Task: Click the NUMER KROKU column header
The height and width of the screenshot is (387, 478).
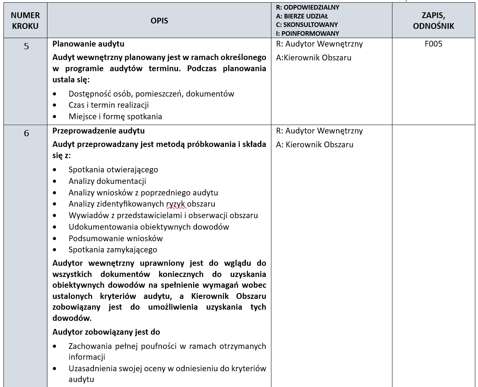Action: [x=25, y=21]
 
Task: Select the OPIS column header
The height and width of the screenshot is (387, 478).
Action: [x=159, y=21]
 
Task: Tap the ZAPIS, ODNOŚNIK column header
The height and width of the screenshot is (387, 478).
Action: [x=433, y=21]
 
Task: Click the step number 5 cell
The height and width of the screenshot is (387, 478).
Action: [x=26, y=47]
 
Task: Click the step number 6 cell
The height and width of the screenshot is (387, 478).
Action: [x=26, y=133]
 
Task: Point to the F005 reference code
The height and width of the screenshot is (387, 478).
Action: [x=433, y=44]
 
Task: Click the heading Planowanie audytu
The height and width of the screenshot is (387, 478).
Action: [x=88, y=44]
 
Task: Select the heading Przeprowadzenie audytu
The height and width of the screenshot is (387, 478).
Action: [x=98, y=131]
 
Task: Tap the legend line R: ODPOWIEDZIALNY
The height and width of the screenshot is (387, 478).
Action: [x=308, y=7]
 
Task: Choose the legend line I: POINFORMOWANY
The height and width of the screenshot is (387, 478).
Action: [x=308, y=33]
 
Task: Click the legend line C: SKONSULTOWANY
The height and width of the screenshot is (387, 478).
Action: [x=307, y=25]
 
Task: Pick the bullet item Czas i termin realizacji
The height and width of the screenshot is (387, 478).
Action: [x=108, y=105]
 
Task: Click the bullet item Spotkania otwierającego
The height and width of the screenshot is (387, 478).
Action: [x=113, y=170]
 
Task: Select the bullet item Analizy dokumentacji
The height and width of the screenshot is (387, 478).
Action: [x=107, y=181]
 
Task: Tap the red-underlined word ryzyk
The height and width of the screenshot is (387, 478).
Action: [x=176, y=204]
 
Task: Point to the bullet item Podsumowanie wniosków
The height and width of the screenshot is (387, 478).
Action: [x=116, y=239]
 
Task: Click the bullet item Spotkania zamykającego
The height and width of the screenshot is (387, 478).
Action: [x=113, y=250]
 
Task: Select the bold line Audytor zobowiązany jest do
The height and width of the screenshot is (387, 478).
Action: [x=106, y=332]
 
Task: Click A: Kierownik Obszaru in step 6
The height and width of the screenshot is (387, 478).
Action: [x=315, y=145]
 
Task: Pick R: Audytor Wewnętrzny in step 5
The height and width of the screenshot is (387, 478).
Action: [x=319, y=44]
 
